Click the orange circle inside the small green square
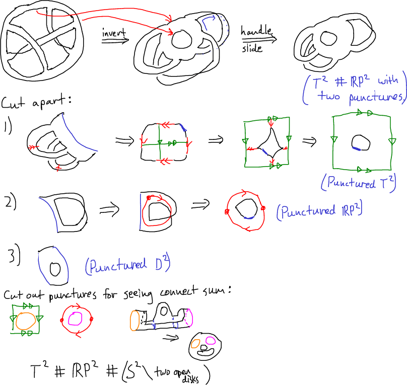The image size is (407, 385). pos(26,320)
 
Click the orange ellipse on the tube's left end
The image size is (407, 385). pos(135,321)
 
